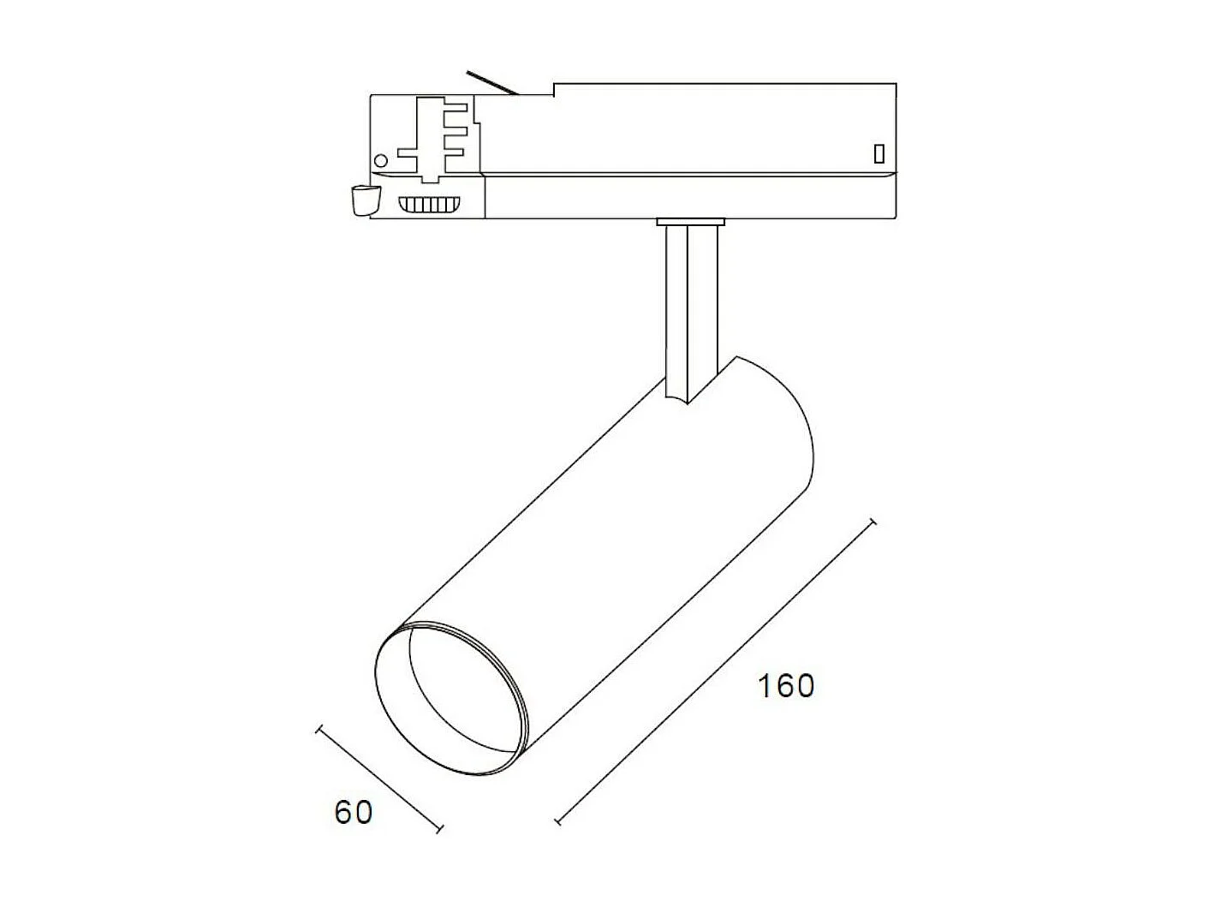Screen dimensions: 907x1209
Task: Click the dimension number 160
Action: (786, 685)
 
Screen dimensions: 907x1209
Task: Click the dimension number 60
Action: (354, 812)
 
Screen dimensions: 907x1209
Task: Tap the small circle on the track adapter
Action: (381, 160)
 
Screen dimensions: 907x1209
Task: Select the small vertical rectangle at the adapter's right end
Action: (878, 154)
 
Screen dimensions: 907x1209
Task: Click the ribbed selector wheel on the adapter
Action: (429, 205)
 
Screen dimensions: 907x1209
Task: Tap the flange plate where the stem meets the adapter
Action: (690, 222)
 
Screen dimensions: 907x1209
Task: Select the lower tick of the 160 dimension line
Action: (558, 821)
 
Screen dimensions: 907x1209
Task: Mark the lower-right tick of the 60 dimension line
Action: (440, 829)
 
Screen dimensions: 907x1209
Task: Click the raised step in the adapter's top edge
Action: (554, 89)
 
